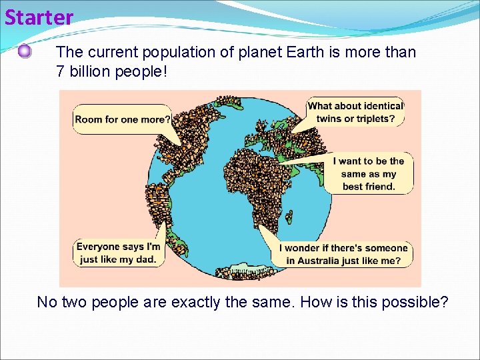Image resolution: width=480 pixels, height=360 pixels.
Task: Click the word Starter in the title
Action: tap(39, 17)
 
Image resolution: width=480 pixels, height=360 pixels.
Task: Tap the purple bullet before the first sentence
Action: tap(25, 51)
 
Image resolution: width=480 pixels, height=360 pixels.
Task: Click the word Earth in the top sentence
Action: tap(301, 52)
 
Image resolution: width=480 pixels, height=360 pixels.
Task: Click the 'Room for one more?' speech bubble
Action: tap(122, 119)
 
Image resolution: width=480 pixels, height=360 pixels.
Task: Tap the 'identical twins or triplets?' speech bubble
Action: tap(355, 112)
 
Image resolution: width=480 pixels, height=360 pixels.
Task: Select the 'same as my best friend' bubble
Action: tap(373, 173)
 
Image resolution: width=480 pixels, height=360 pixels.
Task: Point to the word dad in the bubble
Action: tap(148, 260)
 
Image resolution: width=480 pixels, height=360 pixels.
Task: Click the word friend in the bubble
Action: tap(378, 187)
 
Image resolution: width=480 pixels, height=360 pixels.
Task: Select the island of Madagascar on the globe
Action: tap(290, 217)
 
